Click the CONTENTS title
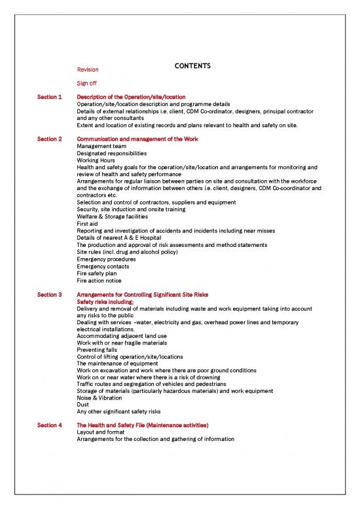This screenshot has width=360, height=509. tap(189, 66)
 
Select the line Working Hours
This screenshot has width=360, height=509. tap(96, 160)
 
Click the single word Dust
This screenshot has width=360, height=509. tap(83, 404)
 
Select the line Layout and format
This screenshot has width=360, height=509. tap(101, 432)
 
